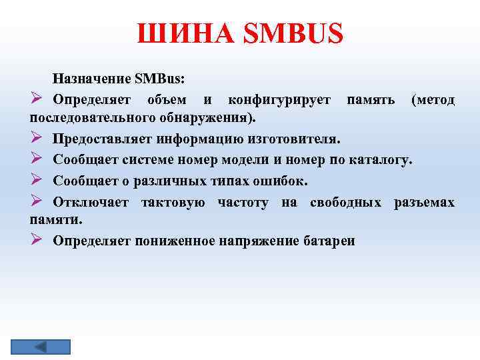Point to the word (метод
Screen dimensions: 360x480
click(433, 101)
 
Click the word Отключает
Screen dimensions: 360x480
click(93, 202)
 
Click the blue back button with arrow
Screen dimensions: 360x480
click(41, 347)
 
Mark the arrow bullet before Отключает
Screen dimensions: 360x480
click(37, 201)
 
